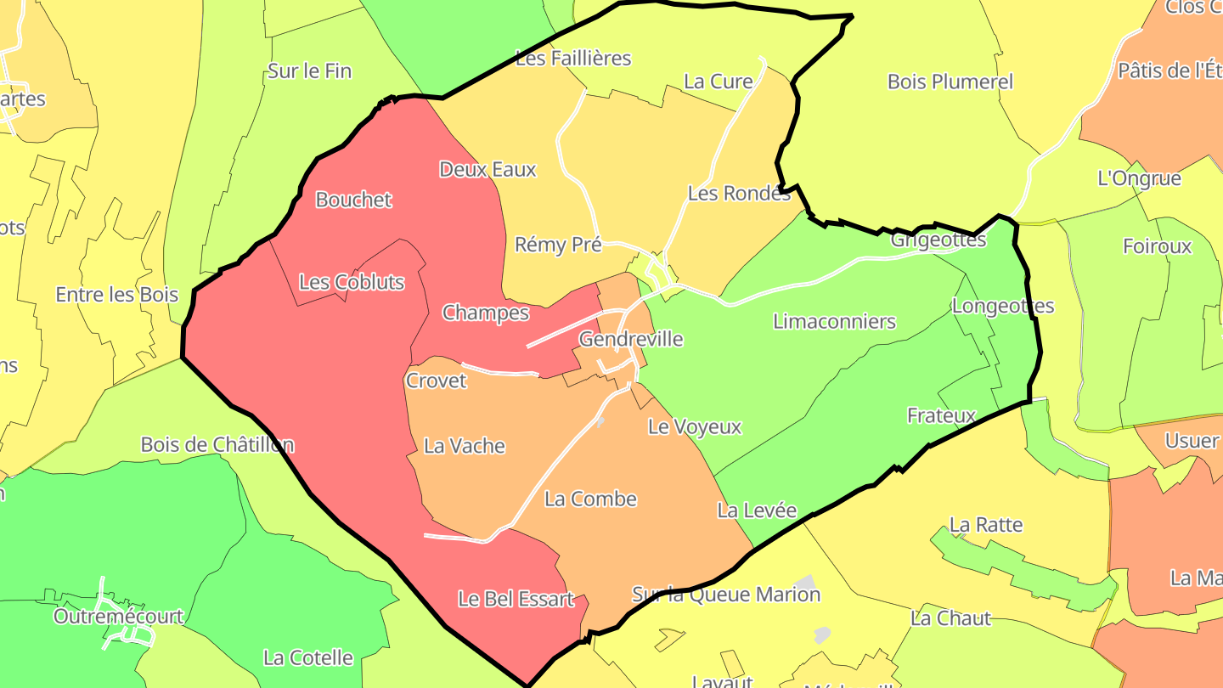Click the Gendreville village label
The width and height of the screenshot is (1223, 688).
630,339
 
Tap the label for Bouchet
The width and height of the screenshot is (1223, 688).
353,200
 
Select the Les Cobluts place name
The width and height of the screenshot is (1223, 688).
352,282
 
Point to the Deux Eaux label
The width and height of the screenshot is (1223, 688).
488,169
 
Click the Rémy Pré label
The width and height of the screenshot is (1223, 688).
558,245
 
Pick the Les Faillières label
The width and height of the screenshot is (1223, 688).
573,58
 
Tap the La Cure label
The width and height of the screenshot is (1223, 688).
718,82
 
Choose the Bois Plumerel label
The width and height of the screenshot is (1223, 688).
950,82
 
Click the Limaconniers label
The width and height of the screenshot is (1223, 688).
834,321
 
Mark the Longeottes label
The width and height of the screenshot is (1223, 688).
1002,306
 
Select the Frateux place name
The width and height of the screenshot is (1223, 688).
941,415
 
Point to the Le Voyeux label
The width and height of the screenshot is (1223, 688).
695,426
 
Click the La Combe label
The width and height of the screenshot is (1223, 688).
590,499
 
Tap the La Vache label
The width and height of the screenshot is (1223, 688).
464,445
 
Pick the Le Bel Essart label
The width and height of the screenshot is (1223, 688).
516,599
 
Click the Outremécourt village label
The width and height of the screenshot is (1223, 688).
118,616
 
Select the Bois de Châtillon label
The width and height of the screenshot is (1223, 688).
217,444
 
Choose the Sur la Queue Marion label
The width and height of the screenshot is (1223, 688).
726,594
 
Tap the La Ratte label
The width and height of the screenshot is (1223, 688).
985,524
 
